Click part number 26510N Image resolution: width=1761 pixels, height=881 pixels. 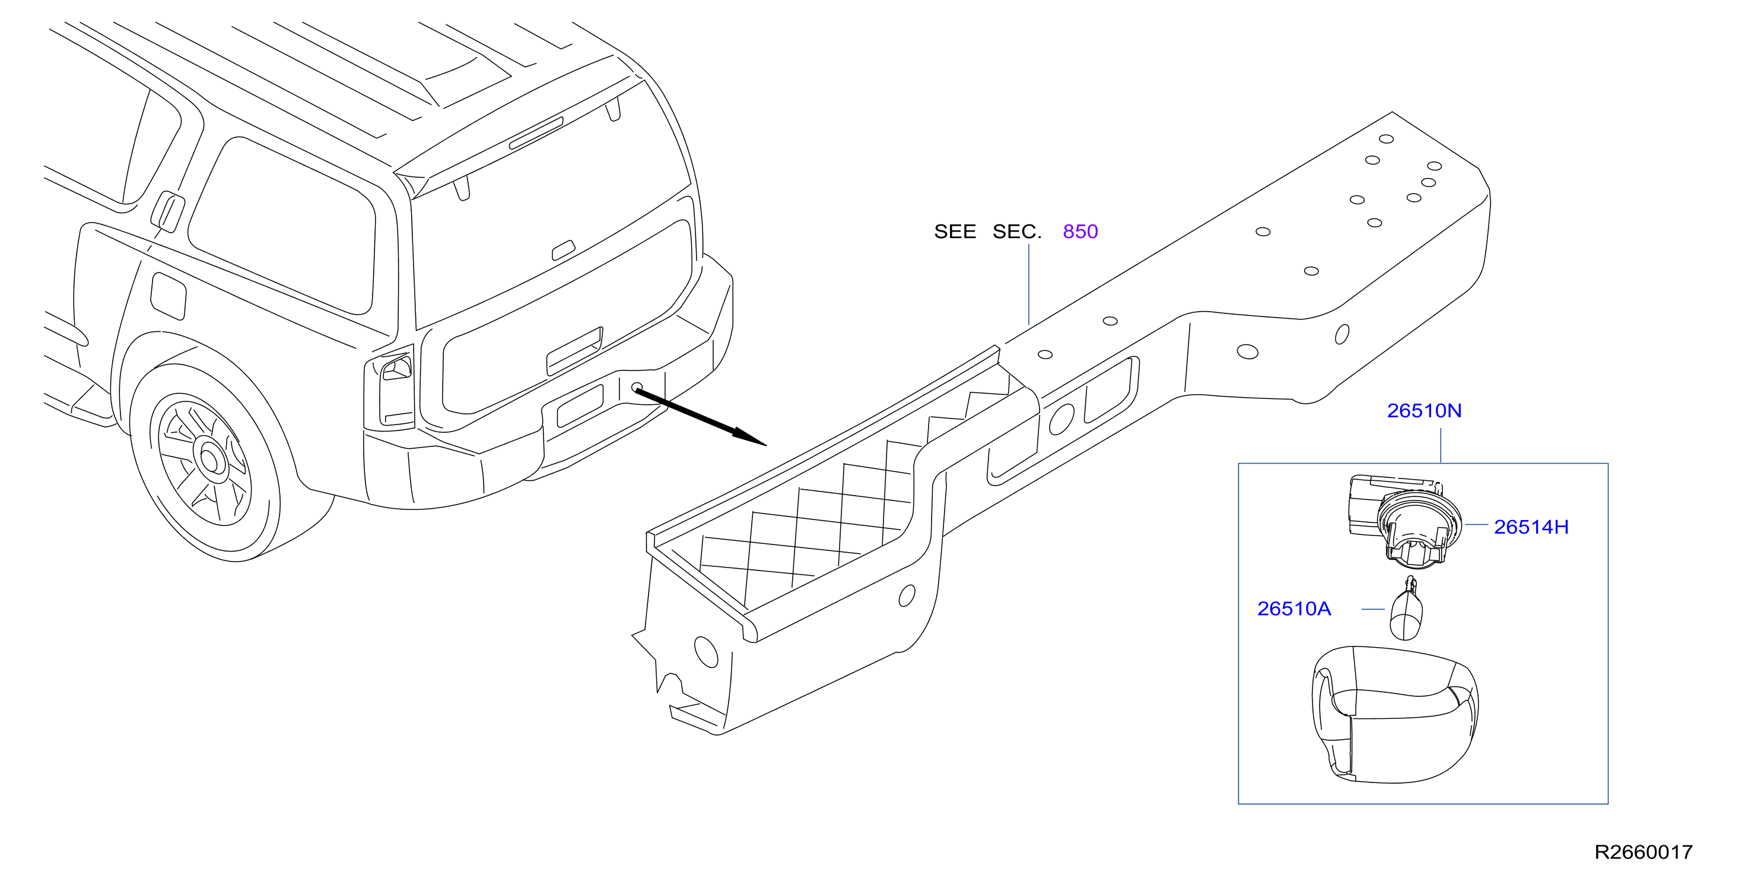[x=1424, y=410]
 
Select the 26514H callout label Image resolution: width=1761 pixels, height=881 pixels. [x=1531, y=527]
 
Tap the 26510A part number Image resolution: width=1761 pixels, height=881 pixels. [x=1294, y=609]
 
